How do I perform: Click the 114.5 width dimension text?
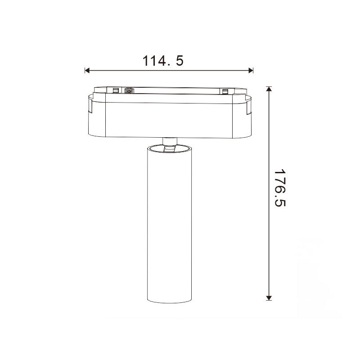pos(163,61)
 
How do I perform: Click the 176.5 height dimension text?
pos(279,188)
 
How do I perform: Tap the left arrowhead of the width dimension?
pos(87,71)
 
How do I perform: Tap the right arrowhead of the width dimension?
pos(251,71)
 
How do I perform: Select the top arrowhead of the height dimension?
pos(269,89)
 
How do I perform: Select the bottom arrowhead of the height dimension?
pos(269,298)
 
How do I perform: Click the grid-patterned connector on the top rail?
pos(129,90)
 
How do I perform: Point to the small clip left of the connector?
pos(116,90)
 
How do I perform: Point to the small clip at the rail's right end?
pos(225,91)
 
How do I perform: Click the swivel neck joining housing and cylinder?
pos(170,141)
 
